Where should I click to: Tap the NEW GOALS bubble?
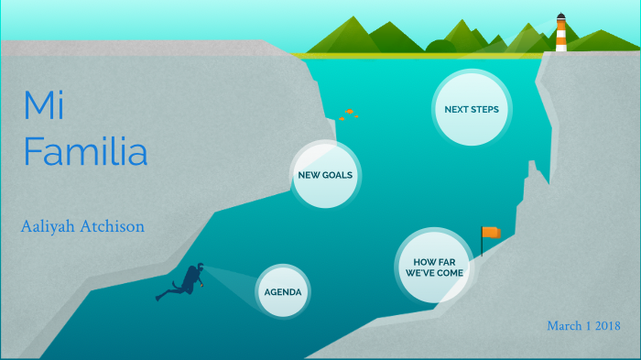tap(326, 174)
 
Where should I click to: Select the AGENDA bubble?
tap(283, 292)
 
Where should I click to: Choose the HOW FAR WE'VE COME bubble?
tap(434, 267)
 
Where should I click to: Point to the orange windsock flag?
tap(492, 233)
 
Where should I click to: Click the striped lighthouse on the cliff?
tap(560, 34)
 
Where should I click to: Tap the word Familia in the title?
tap(85, 151)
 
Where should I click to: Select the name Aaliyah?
tap(50, 226)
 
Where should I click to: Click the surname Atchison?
tap(114, 226)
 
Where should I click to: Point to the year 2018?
tap(605, 326)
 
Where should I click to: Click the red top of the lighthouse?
tap(560, 17)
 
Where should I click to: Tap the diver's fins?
tap(164, 296)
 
